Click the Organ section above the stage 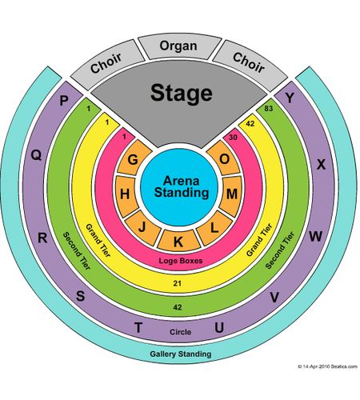[x=179, y=46]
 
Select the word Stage [x=182, y=93]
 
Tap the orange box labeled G [x=134, y=158]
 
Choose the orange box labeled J [x=142, y=227]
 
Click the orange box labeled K [x=178, y=241]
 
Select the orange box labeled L [x=214, y=228]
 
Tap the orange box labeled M [x=231, y=194]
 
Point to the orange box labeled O [x=223, y=158]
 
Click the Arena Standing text [x=182, y=186]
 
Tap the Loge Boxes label [x=181, y=261]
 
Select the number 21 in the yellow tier [x=178, y=283]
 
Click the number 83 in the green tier [x=269, y=109]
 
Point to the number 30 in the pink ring [x=233, y=138]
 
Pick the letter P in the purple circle [x=64, y=101]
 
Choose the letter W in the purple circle [x=315, y=236]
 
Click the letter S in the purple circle [x=81, y=296]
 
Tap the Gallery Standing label [x=181, y=354]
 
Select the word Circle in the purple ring [x=181, y=332]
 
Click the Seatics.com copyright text [x=327, y=366]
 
